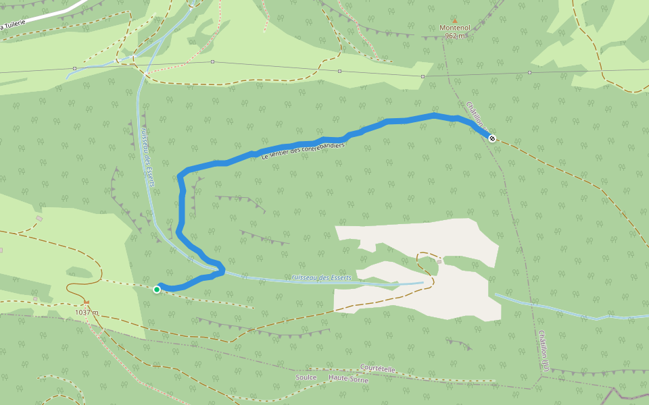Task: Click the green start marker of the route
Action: click(157, 290)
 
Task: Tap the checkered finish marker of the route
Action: click(492, 138)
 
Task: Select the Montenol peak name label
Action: click(454, 28)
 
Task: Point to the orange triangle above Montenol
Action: click(455, 20)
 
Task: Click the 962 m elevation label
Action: click(455, 36)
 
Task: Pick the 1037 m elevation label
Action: click(87, 313)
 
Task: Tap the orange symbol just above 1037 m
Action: click(87, 302)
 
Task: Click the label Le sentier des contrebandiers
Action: click(303, 151)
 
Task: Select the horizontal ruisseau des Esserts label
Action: click(322, 278)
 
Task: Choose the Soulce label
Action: click(306, 377)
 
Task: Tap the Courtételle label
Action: click(378, 369)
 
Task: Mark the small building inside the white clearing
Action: click(439, 261)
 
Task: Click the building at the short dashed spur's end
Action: click(39, 219)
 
